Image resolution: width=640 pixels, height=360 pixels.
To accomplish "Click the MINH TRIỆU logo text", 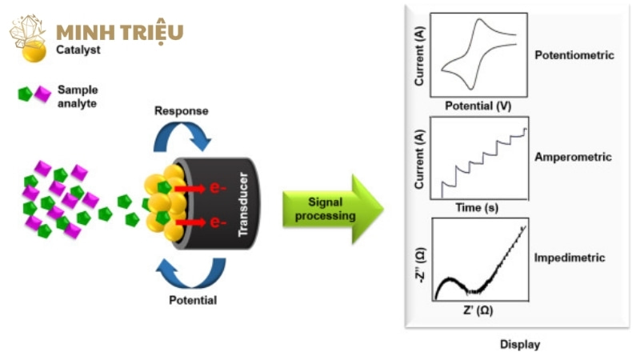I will [120, 33].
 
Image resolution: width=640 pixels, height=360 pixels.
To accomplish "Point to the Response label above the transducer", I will [181, 110].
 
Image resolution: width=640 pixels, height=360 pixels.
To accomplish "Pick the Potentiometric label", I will [574, 56].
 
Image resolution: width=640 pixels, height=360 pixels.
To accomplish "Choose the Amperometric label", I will [573, 158].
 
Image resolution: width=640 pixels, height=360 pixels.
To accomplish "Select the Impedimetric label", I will [570, 258].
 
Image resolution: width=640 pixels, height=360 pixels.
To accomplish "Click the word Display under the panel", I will [520, 345].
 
